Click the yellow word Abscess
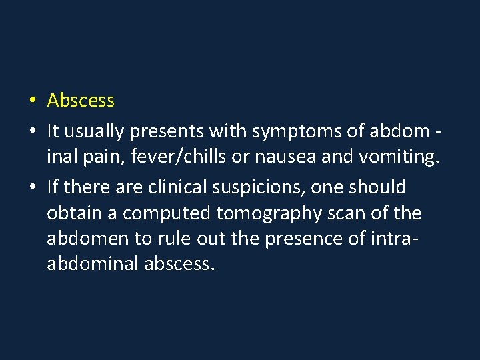pos(81,101)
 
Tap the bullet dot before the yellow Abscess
pos(32,101)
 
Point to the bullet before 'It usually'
pos(32,133)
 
